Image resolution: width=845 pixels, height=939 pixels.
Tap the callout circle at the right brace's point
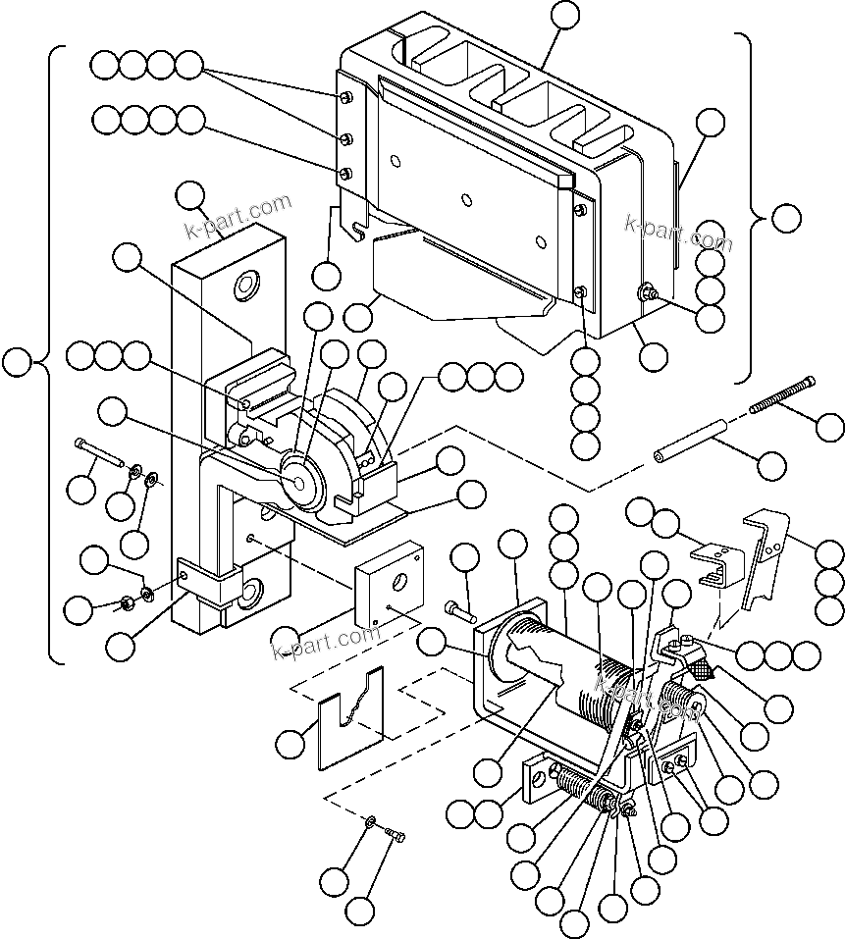(785, 219)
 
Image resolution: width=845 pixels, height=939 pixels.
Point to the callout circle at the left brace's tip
(17, 362)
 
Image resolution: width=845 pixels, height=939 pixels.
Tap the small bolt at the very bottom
(396, 835)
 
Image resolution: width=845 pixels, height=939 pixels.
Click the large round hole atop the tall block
(244, 287)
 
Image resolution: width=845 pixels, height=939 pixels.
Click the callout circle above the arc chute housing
(565, 16)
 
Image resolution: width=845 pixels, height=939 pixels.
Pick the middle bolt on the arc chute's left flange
(345, 137)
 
